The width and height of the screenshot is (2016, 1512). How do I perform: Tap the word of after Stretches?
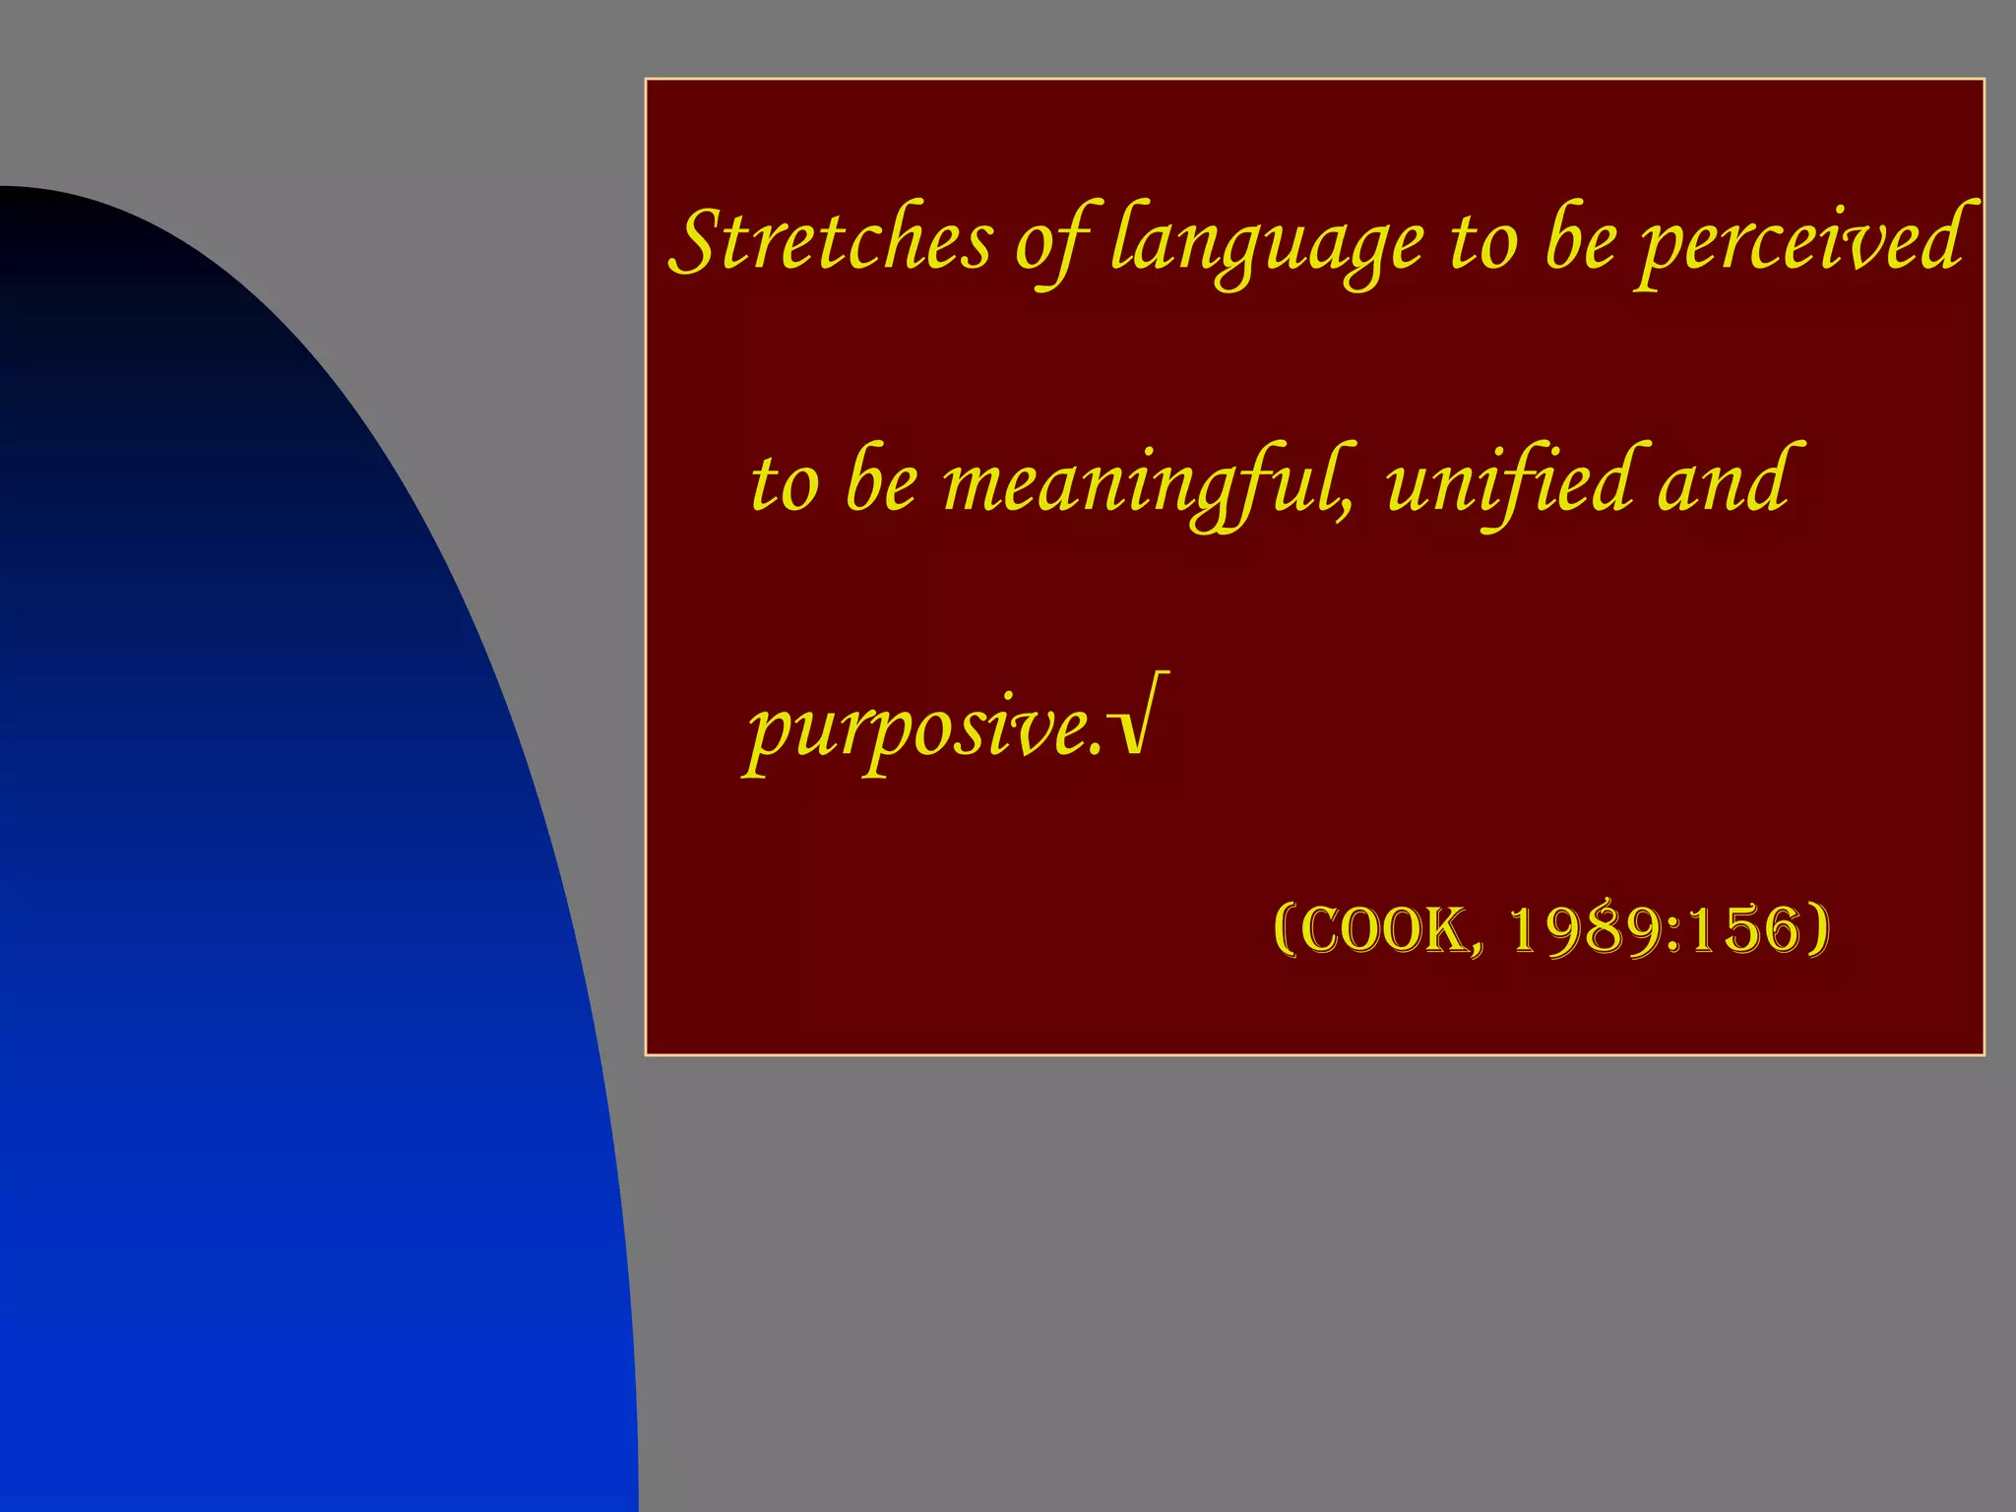1052,242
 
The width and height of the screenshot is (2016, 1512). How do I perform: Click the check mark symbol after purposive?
1142,717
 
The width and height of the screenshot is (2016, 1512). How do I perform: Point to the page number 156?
1743,929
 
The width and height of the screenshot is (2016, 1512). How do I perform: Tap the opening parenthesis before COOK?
1284,929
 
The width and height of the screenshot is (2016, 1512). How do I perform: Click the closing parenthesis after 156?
1819,929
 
